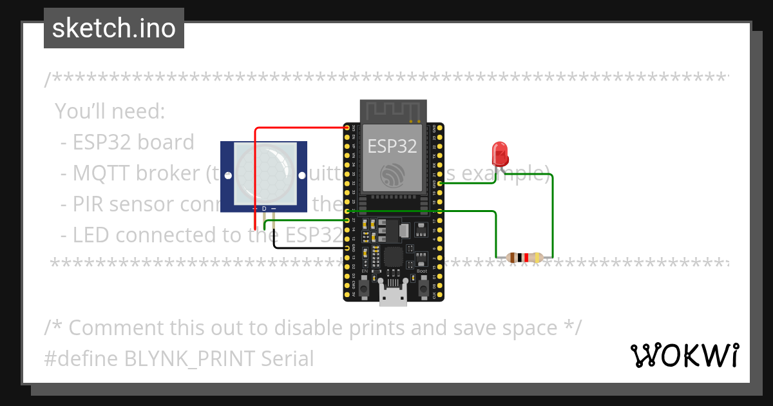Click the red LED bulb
point(500,153)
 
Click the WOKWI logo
point(684,355)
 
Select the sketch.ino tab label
point(113,28)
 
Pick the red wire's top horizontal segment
point(300,128)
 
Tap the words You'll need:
point(110,111)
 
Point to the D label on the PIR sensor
point(264,209)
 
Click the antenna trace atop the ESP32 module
point(392,110)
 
